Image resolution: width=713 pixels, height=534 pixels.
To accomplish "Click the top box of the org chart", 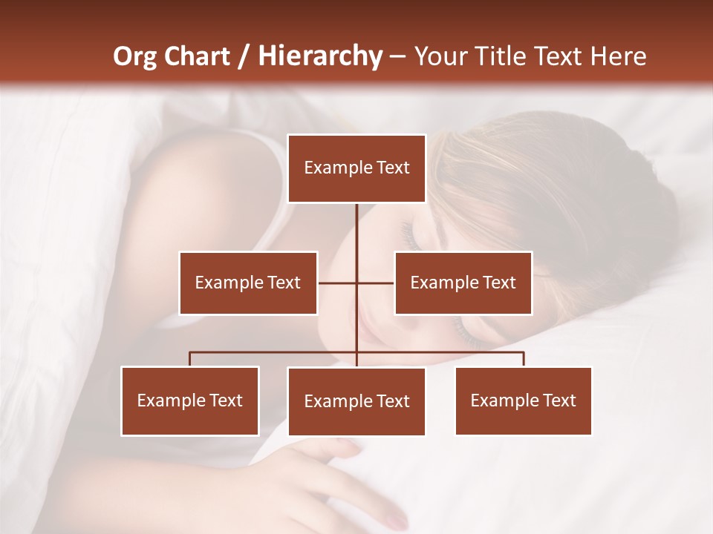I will [x=356, y=168].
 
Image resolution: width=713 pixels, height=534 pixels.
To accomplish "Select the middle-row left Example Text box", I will [x=248, y=283].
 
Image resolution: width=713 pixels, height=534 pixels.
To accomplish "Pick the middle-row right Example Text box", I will [x=463, y=283].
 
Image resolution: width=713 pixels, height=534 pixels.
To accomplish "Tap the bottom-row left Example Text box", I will [x=190, y=401].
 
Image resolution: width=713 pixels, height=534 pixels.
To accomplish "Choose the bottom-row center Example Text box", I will [x=356, y=402].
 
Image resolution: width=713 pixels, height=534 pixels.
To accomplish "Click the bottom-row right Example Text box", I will [x=524, y=401].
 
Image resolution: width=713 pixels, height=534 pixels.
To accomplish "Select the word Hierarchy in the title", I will [x=320, y=56].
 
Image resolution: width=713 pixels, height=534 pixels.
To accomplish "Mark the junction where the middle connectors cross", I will [x=356, y=283].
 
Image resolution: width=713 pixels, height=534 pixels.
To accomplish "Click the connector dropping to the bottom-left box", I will [x=190, y=359].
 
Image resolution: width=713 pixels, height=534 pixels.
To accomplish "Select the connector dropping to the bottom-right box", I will [x=524, y=359].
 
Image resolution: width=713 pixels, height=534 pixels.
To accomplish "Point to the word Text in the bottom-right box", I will [x=559, y=401].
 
